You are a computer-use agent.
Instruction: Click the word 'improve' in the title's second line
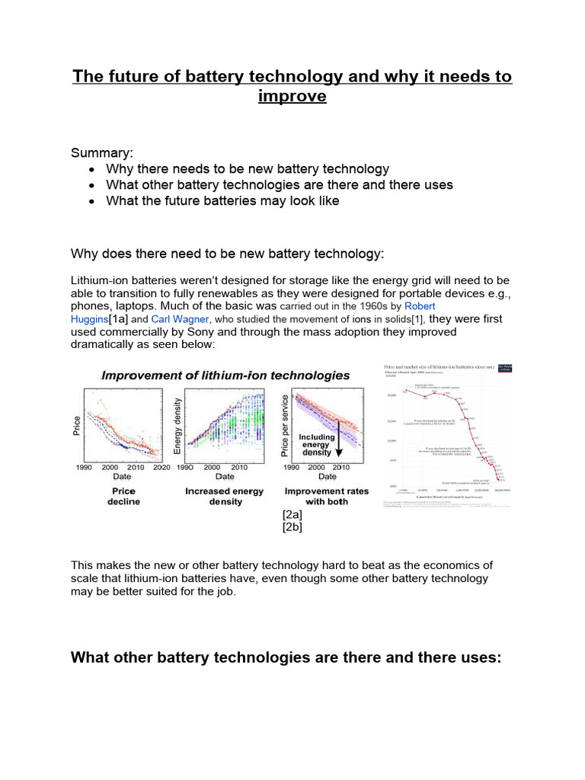click(x=292, y=97)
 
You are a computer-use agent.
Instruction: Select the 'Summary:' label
click(x=102, y=152)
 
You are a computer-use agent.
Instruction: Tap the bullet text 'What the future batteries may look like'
click(x=222, y=201)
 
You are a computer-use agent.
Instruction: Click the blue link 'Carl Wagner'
click(x=179, y=318)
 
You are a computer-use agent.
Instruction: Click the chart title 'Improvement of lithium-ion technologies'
click(x=226, y=375)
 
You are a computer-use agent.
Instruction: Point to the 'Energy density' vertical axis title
click(x=178, y=426)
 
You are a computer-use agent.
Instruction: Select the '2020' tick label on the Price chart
click(x=161, y=467)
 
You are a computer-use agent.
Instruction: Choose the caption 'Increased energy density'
click(x=225, y=497)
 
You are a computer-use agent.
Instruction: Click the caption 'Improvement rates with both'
click(x=327, y=497)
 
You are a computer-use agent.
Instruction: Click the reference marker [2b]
click(x=292, y=526)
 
